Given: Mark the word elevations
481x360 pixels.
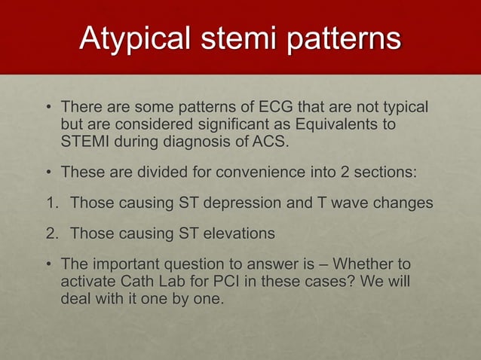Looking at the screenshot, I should pyautogui.click(x=236, y=234).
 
